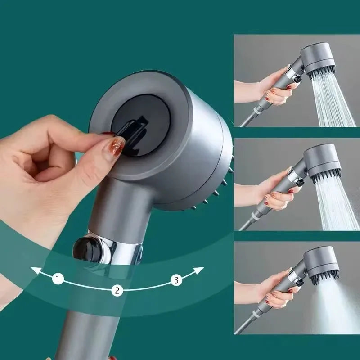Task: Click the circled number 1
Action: tap(57, 279)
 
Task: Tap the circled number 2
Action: tap(117, 290)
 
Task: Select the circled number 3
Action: tap(176, 280)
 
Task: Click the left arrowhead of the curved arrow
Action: tap(34, 270)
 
